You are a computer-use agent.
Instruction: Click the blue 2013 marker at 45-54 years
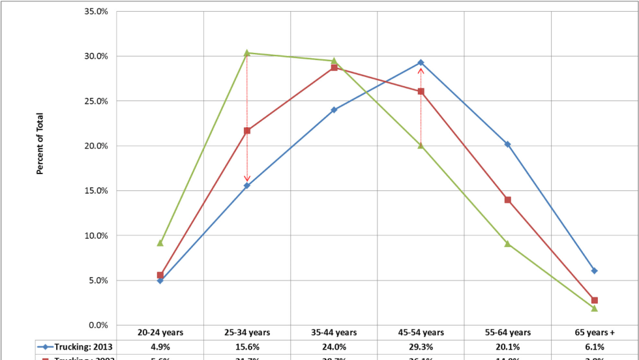click(x=421, y=63)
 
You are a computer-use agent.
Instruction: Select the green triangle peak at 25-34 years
click(x=247, y=52)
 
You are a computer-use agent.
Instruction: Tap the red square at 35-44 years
click(x=334, y=67)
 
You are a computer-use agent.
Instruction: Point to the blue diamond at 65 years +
click(x=594, y=271)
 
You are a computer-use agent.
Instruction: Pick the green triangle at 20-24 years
click(x=160, y=243)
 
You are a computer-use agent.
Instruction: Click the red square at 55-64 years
click(x=507, y=200)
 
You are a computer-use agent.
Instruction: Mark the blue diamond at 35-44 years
click(x=334, y=110)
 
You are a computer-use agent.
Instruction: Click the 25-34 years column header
click(x=247, y=333)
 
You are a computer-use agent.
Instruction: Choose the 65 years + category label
click(x=594, y=333)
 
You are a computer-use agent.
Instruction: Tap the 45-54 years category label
click(x=421, y=333)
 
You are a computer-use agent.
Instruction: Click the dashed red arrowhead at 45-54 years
click(x=421, y=71)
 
